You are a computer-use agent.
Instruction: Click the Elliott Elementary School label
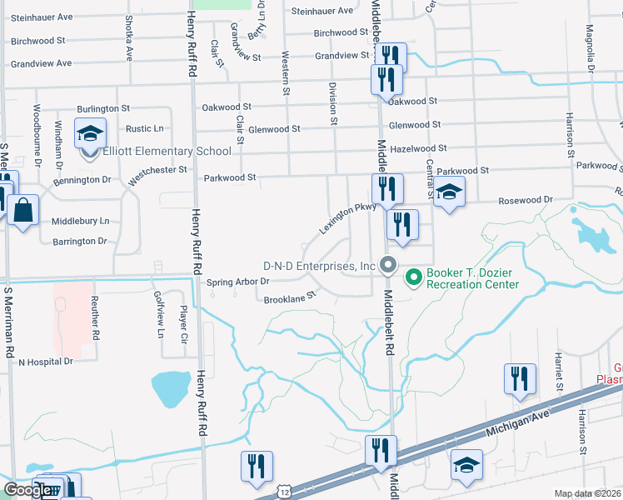tap(167, 151)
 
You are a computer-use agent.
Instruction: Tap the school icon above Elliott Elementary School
tap(90, 133)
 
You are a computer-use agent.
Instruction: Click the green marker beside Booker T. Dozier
tap(411, 275)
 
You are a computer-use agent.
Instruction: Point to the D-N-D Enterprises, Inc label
tap(321, 266)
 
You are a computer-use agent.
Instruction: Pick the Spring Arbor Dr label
tap(238, 281)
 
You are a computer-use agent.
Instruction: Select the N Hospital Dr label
tap(46, 362)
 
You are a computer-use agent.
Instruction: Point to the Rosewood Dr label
tap(526, 200)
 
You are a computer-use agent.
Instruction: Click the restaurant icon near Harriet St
tap(520, 378)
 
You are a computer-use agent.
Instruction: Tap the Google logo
tap(27, 490)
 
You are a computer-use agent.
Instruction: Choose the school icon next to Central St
tap(450, 192)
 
